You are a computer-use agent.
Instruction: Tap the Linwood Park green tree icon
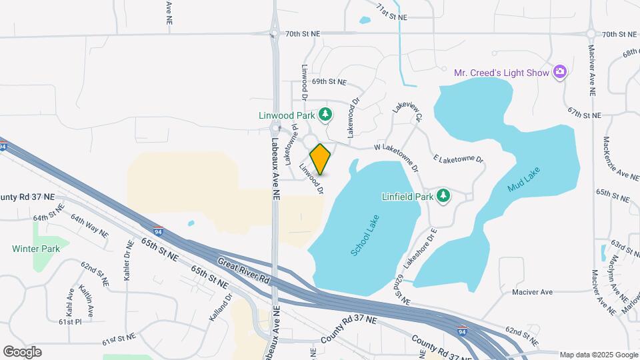pos(325,115)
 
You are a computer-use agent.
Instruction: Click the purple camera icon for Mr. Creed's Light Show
pos(560,72)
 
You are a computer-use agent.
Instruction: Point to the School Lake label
pos(365,235)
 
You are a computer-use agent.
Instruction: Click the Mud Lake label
pos(524,179)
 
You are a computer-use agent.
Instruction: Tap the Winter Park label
pos(36,249)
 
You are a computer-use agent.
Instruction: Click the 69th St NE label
pos(329,82)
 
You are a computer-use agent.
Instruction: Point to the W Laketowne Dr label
pos(396,155)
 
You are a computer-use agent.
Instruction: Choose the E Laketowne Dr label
pos(458,159)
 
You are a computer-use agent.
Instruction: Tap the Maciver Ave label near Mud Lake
pos(533,292)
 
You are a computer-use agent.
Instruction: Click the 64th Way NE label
pos(90,227)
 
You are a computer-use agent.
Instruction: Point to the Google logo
pos(22,352)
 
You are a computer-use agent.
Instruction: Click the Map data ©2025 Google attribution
pos(598,355)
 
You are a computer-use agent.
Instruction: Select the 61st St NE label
pos(119,339)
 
